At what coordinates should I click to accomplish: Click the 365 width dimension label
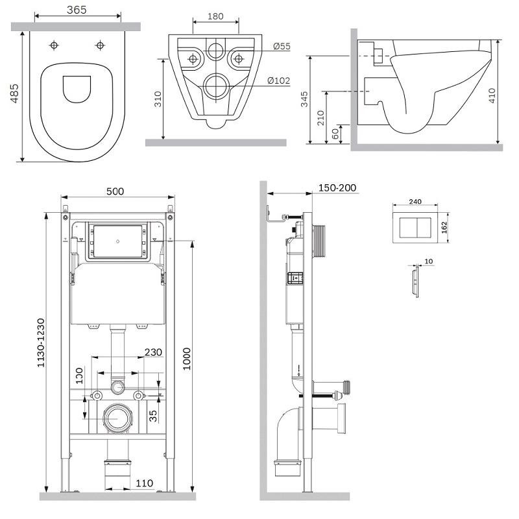point(77,10)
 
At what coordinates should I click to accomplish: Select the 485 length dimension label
point(14,93)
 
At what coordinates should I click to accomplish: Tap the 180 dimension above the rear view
point(215,16)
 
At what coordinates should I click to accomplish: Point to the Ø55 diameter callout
point(282,46)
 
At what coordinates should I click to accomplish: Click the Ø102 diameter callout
point(279,80)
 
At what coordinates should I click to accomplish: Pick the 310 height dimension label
point(158,99)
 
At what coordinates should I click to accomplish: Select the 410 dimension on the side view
point(492,95)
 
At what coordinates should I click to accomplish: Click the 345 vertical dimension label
point(304,99)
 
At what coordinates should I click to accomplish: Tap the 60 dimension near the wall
point(335,134)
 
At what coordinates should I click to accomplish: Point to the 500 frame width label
point(115,191)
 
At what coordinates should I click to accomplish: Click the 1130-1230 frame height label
point(40,343)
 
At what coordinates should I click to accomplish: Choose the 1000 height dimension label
point(187,359)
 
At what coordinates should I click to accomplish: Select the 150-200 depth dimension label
point(337,188)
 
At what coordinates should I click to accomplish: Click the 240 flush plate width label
point(415,202)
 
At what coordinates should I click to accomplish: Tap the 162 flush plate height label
point(444,228)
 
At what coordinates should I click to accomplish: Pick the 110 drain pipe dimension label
point(144,483)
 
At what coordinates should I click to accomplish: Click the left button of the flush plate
point(407,228)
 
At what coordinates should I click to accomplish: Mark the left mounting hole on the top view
point(54,45)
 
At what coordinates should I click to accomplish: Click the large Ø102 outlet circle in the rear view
point(216,86)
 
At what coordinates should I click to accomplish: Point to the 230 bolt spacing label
point(153,352)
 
